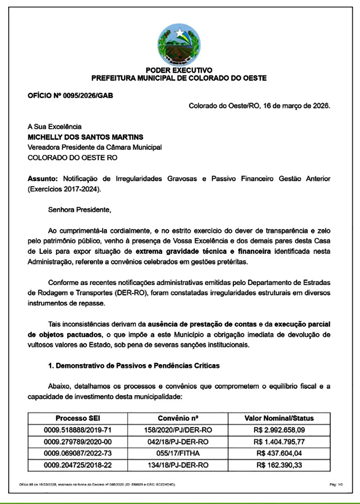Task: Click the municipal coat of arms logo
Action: tap(180, 44)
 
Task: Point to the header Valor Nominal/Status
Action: tap(279, 418)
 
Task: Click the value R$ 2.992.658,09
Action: tap(279, 430)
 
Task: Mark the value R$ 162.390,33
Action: tap(279, 465)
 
